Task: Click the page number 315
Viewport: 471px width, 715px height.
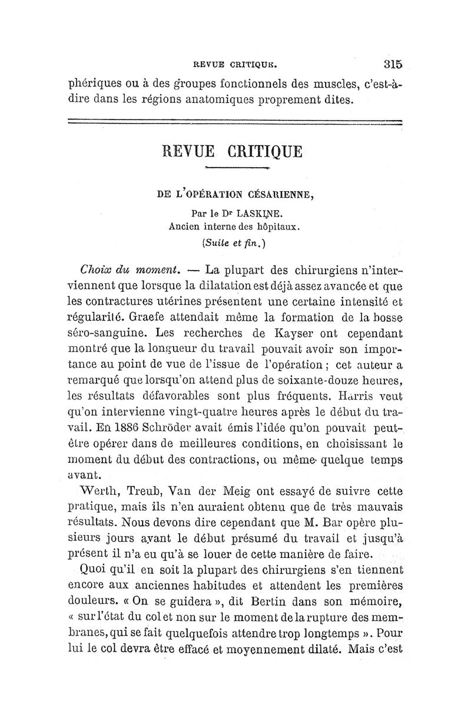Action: click(392, 64)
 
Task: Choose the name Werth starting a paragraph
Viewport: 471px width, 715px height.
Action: click(99, 490)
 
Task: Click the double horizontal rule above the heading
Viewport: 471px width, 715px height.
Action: click(235, 122)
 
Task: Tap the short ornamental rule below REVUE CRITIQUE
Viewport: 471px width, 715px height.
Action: click(234, 169)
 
